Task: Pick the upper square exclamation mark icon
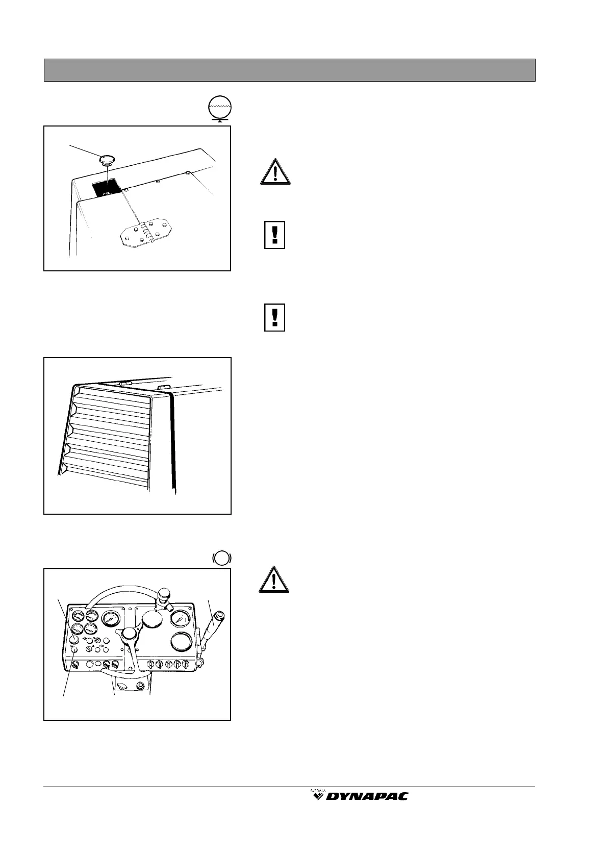click(274, 235)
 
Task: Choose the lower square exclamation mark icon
click(274, 318)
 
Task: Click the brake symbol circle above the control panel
click(221, 558)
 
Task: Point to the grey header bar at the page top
click(289, 70)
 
